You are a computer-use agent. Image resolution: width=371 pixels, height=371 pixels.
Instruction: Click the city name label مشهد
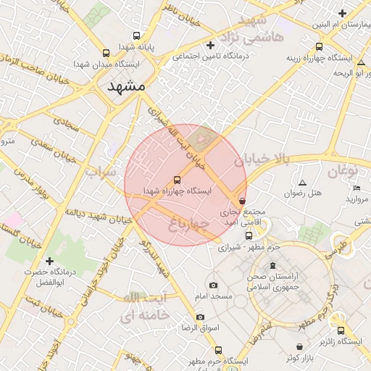pyautogui.click(x=126, y=86)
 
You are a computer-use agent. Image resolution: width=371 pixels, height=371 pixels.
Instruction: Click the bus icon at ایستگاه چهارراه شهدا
pyautogui.click(x=177, y=179)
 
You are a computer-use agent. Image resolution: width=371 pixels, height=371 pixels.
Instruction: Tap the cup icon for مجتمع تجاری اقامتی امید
pyautogui.click(x=241, y=201)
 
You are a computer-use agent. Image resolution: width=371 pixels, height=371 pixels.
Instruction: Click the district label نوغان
pyautogui.click(x=342, y=172)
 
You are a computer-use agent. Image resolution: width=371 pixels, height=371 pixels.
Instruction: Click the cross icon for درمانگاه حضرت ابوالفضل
pyautogui.click(x=49, y=261)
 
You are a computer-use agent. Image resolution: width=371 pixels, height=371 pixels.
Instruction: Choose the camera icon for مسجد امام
pyautogui.click(x=212, y=285)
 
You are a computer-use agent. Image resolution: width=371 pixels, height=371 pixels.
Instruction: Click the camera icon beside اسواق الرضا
pyautogui.click(x=200, y=317)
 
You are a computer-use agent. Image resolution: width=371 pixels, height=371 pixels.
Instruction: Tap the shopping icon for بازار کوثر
pyautogui.click(x=299, y=346)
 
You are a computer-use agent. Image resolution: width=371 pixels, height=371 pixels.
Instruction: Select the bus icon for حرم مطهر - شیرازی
pyautogui.click(x=249, y=235)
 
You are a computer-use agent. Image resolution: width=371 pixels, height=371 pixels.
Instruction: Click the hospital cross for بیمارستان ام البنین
pyautogui.click(x=341, y=13)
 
